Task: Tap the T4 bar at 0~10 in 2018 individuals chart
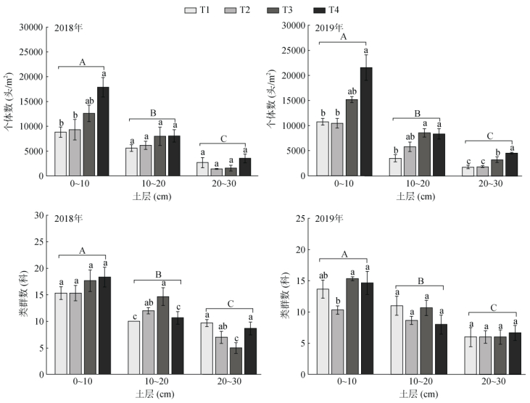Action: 103,131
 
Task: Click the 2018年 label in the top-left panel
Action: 67,29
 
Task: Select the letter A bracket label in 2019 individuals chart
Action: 343,36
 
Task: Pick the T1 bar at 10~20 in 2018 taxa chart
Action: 133,346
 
